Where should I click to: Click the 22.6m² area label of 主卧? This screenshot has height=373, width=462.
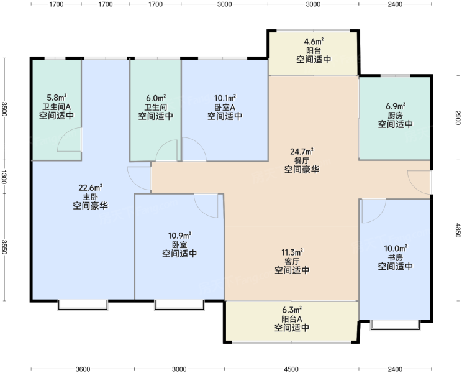90,188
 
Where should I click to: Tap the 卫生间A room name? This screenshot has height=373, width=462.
57,106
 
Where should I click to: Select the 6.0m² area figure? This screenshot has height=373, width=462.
156,98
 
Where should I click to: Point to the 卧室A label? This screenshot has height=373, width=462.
225,107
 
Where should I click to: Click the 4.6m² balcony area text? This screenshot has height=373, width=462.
314,41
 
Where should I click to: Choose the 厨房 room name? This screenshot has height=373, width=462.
395,115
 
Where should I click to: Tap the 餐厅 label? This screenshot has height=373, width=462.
301,160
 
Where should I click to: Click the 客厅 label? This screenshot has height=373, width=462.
292,261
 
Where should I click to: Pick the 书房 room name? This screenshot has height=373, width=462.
395,257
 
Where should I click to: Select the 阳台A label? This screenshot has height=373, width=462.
292,319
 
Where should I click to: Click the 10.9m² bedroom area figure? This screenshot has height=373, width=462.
179,236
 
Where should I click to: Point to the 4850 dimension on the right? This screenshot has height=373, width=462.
458,230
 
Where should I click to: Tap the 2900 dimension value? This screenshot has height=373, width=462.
458,117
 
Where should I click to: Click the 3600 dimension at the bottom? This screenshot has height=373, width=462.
83,369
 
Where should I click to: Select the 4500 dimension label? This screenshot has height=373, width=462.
291,369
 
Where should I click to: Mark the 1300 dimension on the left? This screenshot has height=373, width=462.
4,177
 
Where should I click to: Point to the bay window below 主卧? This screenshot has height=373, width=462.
83,305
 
